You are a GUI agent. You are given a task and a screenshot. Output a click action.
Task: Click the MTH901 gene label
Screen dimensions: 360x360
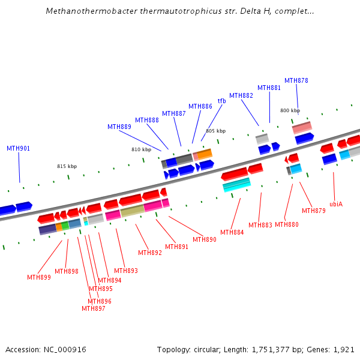click(x=18, y=148)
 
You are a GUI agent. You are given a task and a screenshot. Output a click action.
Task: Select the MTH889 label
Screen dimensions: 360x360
click(x=119, y=127)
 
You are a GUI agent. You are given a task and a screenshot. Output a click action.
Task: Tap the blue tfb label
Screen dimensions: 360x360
click(x=221, y=101)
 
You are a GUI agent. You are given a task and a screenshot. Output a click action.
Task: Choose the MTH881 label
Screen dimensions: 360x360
click(x=269, y=88)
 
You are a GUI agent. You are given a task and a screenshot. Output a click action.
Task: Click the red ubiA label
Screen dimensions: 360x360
click(x=336, y=204)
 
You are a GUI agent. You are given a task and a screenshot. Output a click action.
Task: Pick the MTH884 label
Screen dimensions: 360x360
click(x=232, y=232)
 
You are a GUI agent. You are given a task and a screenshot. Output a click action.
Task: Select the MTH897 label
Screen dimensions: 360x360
click(x=94, y=308)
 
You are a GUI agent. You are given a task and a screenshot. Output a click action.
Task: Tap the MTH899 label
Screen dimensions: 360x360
click(x=39, y=277)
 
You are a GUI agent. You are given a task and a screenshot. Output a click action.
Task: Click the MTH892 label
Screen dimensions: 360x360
click(x=150, y=253)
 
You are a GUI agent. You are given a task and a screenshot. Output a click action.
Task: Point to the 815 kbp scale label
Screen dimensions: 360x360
click(x=67, y=166)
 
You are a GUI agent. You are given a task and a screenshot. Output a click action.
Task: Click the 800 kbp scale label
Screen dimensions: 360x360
click(x=290, y=110)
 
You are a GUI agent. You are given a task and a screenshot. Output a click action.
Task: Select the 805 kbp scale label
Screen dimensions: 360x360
click(x=215, y=131)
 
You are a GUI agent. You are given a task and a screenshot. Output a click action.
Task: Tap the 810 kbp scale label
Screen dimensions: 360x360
click(x=141, y=149)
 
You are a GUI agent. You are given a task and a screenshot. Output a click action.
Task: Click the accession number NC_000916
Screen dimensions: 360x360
click(x=64, y=349)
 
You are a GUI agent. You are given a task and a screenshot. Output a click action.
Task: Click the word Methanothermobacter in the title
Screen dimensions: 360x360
click(x=86, y=11)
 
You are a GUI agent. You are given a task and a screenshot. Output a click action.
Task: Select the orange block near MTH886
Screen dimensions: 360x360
click(x=205, y=154)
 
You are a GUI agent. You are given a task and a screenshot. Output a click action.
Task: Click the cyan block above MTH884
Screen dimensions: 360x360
click(x=236, y=185)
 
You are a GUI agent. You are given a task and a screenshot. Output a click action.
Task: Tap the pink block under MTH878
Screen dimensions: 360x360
click(x=302, y=127)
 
